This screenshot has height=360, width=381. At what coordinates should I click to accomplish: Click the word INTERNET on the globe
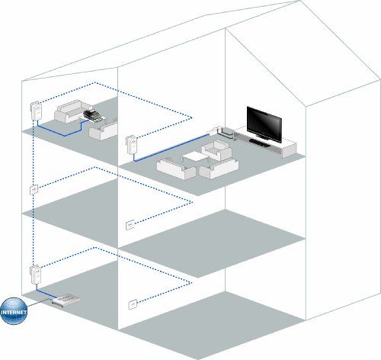point(14,312)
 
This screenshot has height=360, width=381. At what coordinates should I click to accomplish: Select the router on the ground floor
point(66,301)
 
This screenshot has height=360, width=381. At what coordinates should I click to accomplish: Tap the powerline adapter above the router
point(36,275)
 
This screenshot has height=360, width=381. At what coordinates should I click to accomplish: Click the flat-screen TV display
point(264,124)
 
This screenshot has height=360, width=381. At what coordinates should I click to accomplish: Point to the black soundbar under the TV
point(260,143)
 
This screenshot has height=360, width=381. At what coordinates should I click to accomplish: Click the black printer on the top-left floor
point(92,116)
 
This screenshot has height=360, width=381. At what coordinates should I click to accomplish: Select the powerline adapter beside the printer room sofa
point(36,111)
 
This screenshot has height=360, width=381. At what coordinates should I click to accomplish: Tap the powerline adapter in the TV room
point(132,145)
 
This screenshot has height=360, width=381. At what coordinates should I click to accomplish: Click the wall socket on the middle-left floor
point(34,189)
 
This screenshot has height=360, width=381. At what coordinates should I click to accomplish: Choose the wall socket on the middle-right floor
point(130,225)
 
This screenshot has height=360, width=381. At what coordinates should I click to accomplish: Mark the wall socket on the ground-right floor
point(133,304)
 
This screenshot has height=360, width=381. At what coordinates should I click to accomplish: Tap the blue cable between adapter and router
point(44,293)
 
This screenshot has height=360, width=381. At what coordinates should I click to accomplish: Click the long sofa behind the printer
point(70,111)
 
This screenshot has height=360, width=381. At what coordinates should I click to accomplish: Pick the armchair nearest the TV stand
point(216,150)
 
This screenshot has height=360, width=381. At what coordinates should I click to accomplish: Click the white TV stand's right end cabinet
point(289,150)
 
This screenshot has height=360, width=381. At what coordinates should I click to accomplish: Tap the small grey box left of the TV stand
point(226,133)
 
